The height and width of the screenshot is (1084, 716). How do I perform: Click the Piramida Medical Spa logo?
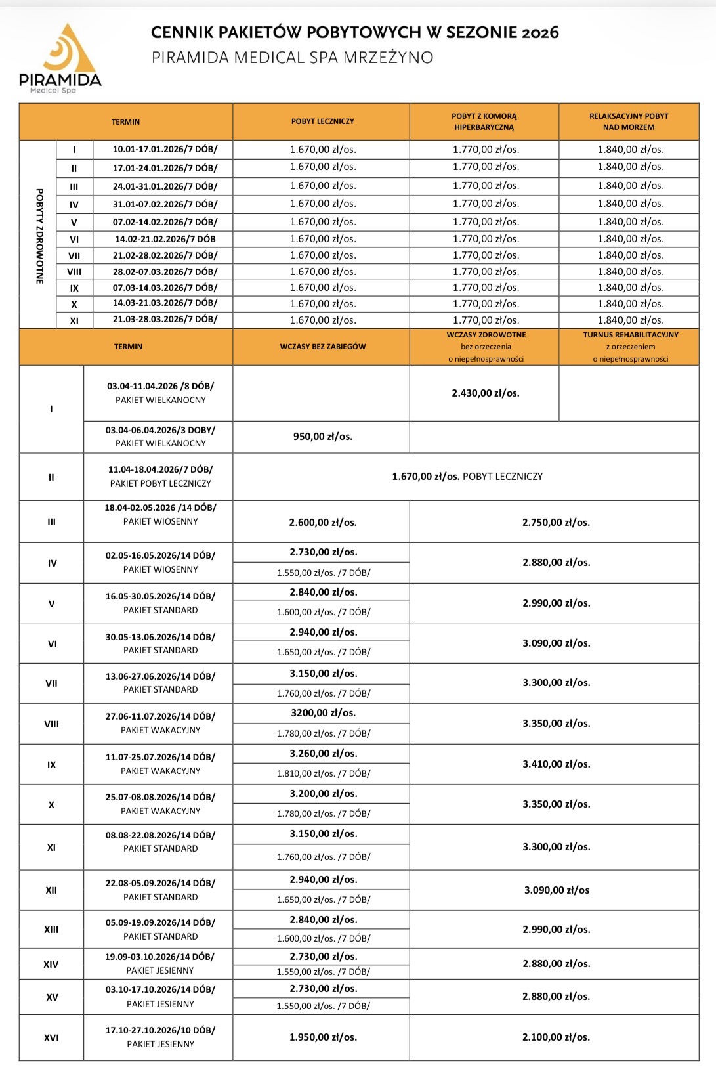point(60,58)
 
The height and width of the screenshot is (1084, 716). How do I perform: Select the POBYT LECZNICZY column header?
point(322,121)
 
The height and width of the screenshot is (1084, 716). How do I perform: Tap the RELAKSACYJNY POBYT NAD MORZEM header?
point(629,121)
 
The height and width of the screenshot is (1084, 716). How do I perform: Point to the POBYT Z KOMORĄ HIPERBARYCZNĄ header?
point(484,121)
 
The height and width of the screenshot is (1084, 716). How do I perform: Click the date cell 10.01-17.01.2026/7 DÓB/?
point(165,150)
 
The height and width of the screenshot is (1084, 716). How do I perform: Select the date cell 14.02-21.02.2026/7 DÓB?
point(165,240)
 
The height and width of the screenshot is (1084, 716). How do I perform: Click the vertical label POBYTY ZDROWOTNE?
point(39,236)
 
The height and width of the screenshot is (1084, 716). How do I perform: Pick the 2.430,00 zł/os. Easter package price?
point(485,393)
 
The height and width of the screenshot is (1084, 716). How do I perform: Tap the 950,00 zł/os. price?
point(322,437)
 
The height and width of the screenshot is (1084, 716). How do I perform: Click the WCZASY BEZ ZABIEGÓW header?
point(322,347)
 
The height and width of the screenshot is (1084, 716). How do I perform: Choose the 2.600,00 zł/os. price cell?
point(322,523)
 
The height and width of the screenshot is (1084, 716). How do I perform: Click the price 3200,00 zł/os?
point(323,713)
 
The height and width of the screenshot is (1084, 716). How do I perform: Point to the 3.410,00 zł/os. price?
point(556,764)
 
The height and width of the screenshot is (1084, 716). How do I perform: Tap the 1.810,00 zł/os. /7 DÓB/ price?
point(323,774)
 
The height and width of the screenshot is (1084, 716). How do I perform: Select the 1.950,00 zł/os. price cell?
point(323,1037)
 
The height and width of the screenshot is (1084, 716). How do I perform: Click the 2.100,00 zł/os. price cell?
point(556,1037)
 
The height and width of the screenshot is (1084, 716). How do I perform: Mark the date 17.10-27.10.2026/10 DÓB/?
point(160,1030)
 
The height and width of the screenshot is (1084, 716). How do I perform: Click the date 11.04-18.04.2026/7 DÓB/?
point(160,470)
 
